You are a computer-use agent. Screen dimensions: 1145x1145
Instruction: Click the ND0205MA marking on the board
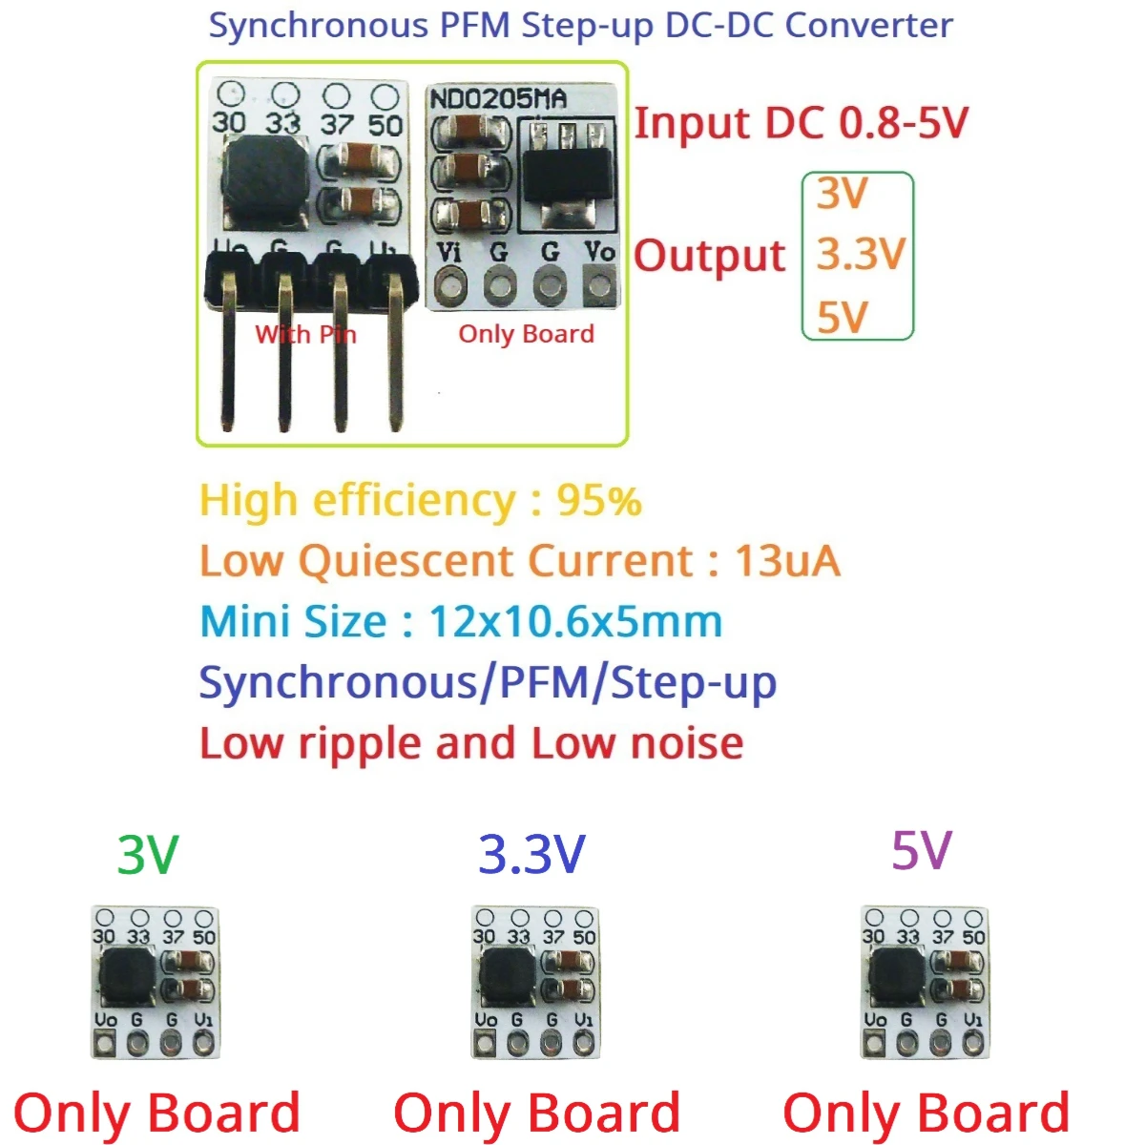pyautogui.click(x=497, y=99)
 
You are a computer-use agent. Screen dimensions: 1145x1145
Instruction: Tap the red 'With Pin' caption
pyautogui.click(x=305, y=335)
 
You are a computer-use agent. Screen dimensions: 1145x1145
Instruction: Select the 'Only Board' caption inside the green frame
pyautogui.click(x=526, y=334)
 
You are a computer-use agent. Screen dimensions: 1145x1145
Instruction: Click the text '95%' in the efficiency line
pyautogui.click(x=599, y=501)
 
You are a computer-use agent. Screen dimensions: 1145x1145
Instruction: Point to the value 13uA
pyautogui.click(x=787, y=562)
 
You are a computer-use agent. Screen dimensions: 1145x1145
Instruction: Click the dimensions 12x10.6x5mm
pyautogui.click(x=575, y=622)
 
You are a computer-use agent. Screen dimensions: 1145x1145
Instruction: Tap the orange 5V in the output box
pyautogui.click(x=842, y=317)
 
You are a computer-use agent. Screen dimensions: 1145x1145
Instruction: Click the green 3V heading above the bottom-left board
pyautogui.click(x=147, y=855)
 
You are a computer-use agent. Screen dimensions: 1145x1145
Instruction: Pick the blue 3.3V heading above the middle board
pyautogui.click(x=531, y=855)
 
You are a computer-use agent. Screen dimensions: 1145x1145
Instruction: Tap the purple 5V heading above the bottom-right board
pyautogui.click(x=921, y=851)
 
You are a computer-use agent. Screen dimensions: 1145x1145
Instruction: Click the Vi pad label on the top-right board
pyautogui.click(x=448, y=253)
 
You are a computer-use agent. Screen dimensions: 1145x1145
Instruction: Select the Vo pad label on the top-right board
pyautogui.click(x=599, y=252)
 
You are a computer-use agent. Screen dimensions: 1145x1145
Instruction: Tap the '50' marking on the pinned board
pyautogui.click(x=385, y=125)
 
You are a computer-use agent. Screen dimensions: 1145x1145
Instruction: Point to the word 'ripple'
pyautogui.click(x=358, y=744)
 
